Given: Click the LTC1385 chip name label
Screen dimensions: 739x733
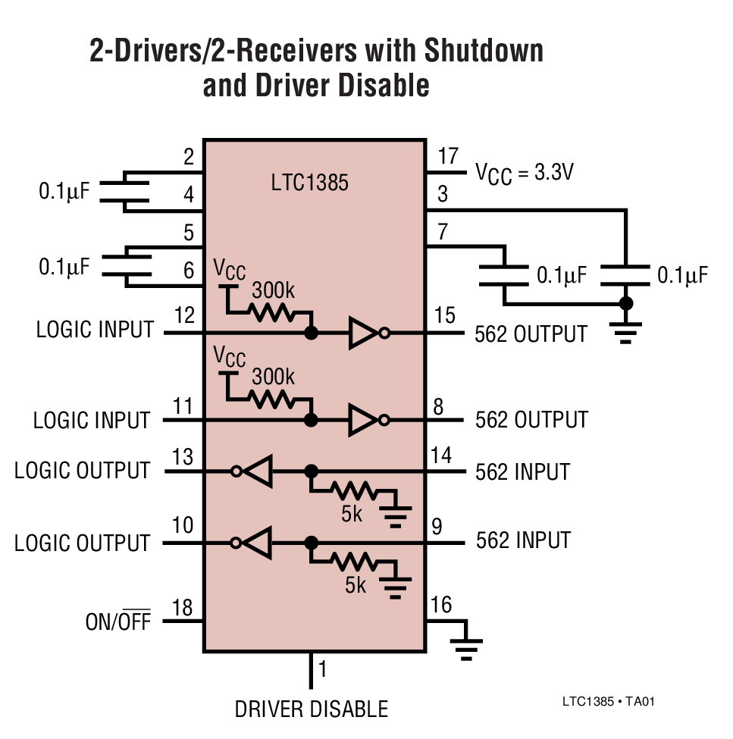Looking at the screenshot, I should pos(309,183).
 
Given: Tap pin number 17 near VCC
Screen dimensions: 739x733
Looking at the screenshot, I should pos(448,157).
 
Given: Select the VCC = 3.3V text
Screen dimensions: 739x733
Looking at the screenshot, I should pos(524,173).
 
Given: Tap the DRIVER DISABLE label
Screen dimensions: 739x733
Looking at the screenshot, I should pos(311,709).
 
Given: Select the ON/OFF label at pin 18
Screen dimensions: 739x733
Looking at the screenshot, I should pos(117,622).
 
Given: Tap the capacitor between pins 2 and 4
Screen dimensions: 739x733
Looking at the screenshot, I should pos(124,189).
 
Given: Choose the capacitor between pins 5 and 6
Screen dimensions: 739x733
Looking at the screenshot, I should pos(124,266).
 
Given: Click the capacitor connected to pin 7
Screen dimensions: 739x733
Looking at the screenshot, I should pos(504,274).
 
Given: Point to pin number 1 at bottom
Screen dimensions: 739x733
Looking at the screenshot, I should pos(322,670).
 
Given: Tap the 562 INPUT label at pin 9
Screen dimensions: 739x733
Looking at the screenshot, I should pos(523,540).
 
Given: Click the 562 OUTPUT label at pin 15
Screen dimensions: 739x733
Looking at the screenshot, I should pos(531,334).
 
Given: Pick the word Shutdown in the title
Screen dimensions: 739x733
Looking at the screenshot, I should pos(483,51).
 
